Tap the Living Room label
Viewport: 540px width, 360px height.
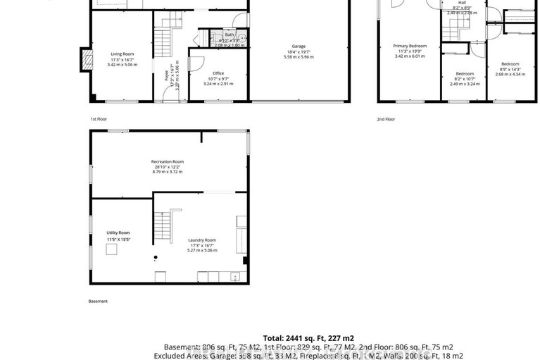click(x=122, y=54)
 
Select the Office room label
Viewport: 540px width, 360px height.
click(x=218, y=73)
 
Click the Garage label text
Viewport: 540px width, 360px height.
click(x=299, y=46)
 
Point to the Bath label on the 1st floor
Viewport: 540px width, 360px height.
click(x=230, y=35)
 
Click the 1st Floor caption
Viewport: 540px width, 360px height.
click(x=99, y=119)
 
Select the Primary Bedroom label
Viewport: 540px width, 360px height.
click(x=410, y=46)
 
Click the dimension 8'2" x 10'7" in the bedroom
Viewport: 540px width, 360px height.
click(x=465, y=79)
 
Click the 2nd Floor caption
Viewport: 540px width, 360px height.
click(x=386, y=119)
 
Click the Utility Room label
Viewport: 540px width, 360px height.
click(x=119, y=232)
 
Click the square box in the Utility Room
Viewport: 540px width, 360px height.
click(x=158, y=275)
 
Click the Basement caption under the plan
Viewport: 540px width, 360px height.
click(x=98, y=301)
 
